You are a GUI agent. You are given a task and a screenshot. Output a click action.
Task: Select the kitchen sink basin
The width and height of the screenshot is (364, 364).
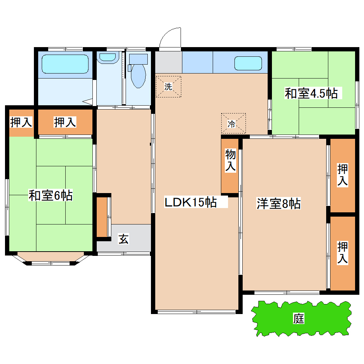pyautogui.click(x=248, y=64)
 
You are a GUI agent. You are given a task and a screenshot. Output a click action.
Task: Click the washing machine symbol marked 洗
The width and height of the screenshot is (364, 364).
pyautogui.click(x=168, y=86)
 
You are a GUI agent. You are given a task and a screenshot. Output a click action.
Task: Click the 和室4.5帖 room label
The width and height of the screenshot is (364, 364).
pyautogui.click(x=311, y=93)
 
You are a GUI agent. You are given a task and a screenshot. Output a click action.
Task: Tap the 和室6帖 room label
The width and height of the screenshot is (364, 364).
pyautogui.click(x=51, y=196)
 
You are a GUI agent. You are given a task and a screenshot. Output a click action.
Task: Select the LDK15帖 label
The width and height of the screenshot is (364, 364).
pyautogui.click(x=190, y=203)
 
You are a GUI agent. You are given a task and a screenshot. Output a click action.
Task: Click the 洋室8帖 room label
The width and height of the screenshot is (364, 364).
pyautogui.click(x=278, y=204)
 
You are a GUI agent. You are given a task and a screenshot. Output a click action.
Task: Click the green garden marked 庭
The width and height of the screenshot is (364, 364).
pyautogui.click(x=300, y=319)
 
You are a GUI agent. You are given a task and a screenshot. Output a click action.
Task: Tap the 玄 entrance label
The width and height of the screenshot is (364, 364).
pyautogui.click(x=123, y=239)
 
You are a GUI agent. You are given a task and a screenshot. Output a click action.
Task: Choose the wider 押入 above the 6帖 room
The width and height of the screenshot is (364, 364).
pyautogui.click(x=65, y=122)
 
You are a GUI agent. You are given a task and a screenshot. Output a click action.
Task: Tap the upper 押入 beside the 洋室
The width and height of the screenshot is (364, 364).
pyautogui.click(x=343, y=175)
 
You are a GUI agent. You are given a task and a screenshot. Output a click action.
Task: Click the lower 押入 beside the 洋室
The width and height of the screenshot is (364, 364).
pyautogui.click(x=343, y=253)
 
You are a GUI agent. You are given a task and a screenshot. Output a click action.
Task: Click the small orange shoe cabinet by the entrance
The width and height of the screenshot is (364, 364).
pyautogui.click(x=102, y=217)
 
